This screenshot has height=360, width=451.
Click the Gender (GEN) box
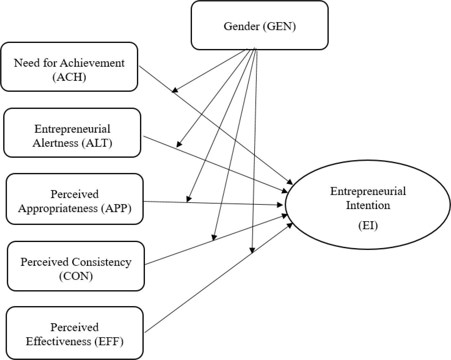coord(259,26)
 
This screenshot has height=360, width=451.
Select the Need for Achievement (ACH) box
coord(69,67)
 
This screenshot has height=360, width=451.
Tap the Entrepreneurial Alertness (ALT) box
coord(72,133)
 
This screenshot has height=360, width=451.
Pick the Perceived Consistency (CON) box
coord(76,266)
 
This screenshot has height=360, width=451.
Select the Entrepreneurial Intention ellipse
coord(368,205)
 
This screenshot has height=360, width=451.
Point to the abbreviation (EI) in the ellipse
coord(368,225)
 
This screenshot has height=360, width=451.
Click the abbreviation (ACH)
coord(69,77)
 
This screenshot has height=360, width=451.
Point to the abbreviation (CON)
coord(76,276)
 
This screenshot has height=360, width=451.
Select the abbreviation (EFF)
coord(109,341)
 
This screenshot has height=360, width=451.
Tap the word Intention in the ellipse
coord(368,205)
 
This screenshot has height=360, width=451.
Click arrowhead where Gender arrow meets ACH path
coord(174,90)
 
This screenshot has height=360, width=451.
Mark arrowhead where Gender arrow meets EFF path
coord(252,251)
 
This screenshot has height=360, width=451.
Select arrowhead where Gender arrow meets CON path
coord(213,238)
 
